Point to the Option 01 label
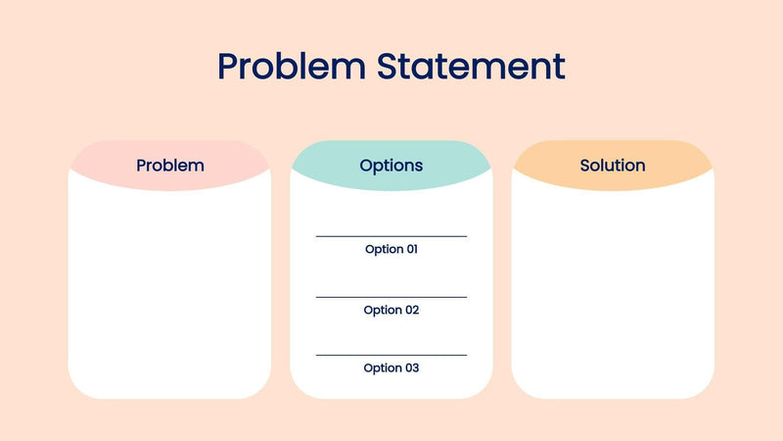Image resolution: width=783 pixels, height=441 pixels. click(391, 249)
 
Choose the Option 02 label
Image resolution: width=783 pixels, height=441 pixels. click(391, 310)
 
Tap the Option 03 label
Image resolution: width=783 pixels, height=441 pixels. click(391, 367)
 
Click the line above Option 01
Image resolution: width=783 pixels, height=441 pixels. click(391, 236)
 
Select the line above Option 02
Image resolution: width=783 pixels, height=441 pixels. click(391, 297)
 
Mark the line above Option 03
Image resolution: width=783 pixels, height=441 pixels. click(391, 355)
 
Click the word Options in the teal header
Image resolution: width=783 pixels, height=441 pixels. click(391, 166)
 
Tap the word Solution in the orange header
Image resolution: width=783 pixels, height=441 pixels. click(613, 166)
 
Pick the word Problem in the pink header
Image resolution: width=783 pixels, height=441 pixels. click(170, 166)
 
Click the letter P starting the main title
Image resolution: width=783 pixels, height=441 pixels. click(229, 67)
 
